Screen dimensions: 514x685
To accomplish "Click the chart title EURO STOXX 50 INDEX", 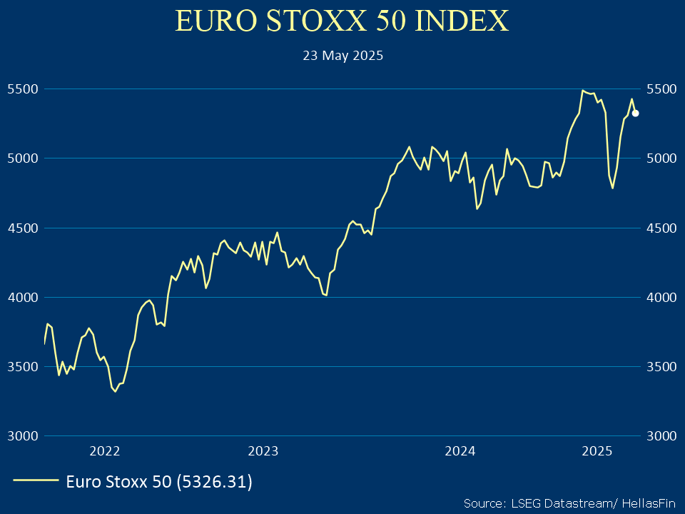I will tap(342, 21).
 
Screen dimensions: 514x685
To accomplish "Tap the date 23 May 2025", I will tap(342, 56).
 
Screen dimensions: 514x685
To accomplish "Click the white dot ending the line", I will tap(635, 114).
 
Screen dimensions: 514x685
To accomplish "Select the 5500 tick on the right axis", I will tap(660, 89).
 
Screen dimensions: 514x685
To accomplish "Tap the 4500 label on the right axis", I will tap(660, 228).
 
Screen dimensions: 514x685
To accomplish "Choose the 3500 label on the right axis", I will tap(660, 366).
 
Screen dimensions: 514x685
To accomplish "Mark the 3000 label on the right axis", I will tap(660, 435).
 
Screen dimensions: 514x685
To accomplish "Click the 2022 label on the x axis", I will tap(104, 451).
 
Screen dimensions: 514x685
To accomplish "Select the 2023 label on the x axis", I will tap(263, 451).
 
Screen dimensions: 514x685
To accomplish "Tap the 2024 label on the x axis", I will tap(460, 451).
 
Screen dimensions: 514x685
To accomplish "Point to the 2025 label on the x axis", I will tap(597, 451).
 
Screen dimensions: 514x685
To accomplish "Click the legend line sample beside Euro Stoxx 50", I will tap(36, 481).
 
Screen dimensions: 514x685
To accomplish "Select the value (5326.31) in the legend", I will tap(214, 482).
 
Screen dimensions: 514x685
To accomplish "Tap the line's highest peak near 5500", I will tap(583, 91).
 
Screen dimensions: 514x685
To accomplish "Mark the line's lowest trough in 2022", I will tap(116, 391).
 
